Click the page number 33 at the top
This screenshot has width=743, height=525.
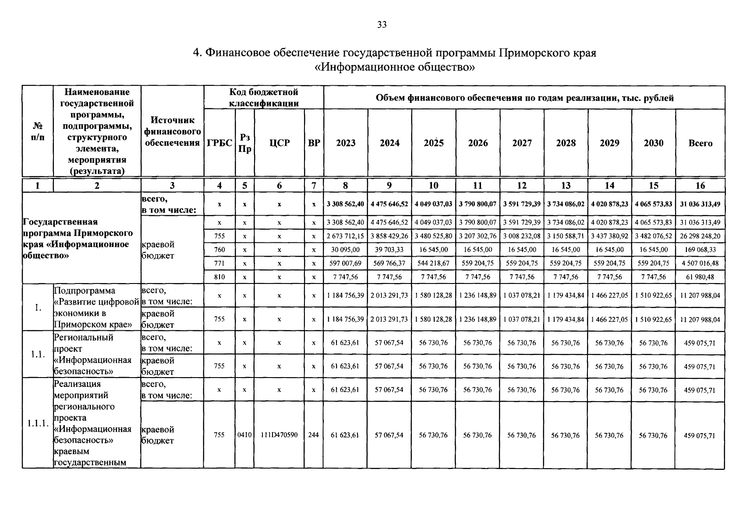pyautogui.click(x=382, y=25)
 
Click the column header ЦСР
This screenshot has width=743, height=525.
pyautogui.click(x=279, y=143)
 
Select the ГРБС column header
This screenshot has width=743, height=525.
pyautogui.click(x=219, y=143)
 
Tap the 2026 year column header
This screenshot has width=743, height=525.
pyautogui.click(x=478, y=143)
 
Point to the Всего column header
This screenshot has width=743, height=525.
pyautogui.click(x=700, y=143)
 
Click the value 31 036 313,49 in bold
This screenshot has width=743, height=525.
pyautogui.click(x=700, y=204)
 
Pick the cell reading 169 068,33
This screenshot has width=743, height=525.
pyautogui.click(x=700, y=250)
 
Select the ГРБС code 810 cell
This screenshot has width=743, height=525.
pyautogui.click(x=219, y=277)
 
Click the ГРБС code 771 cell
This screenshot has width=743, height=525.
pyautogui.click(x=219, y=263)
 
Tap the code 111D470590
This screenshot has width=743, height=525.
pyautogui.click(x=279, y=435)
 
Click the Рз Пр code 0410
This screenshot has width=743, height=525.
pyautogui.click(x=244, y=435)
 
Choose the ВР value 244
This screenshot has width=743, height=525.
pyautogui.click(x=314, y=435)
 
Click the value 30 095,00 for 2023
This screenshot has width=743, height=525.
pyautogui.click(x=345, y=250)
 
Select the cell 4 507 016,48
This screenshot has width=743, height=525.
pyautogui.click(x=700, y=263)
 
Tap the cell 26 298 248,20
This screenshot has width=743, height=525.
pyautogui.click(x=700, y=236)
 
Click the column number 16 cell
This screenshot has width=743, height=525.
pyautogui.click(x=700, y=185)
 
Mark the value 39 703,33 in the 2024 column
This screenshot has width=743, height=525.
pyautogui.click(x=389, y=250)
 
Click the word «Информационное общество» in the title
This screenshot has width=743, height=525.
pyautogui.click(x=395, y=67)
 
